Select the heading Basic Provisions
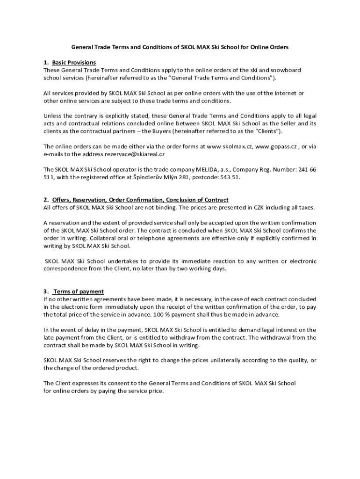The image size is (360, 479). click(74, 63)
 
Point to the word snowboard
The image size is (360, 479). click(285, 70)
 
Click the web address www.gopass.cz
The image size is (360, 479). click(276, 146)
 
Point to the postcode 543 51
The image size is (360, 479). click(230, 177)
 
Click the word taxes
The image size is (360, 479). click(307, 207)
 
